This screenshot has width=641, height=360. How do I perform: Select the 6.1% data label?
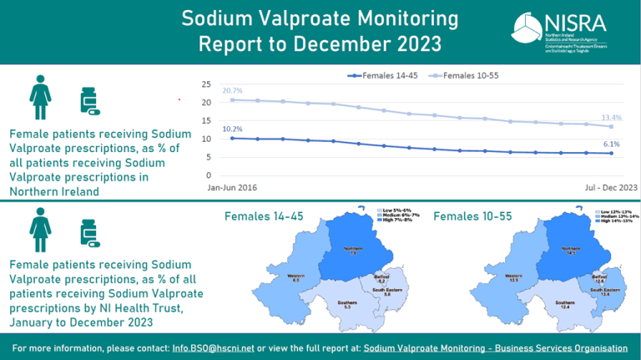tap(612, 144)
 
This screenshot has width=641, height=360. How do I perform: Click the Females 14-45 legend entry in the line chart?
tap(380, 76)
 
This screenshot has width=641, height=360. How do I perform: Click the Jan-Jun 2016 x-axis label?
tap(232, 188)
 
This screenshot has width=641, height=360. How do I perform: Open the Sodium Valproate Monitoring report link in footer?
tap(496, 347)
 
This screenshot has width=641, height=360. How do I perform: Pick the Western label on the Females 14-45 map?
tap(296, 276)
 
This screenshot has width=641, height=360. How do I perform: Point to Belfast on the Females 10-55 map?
tap(598, 278)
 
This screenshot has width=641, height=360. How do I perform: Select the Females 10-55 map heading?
tap(470, 217)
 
